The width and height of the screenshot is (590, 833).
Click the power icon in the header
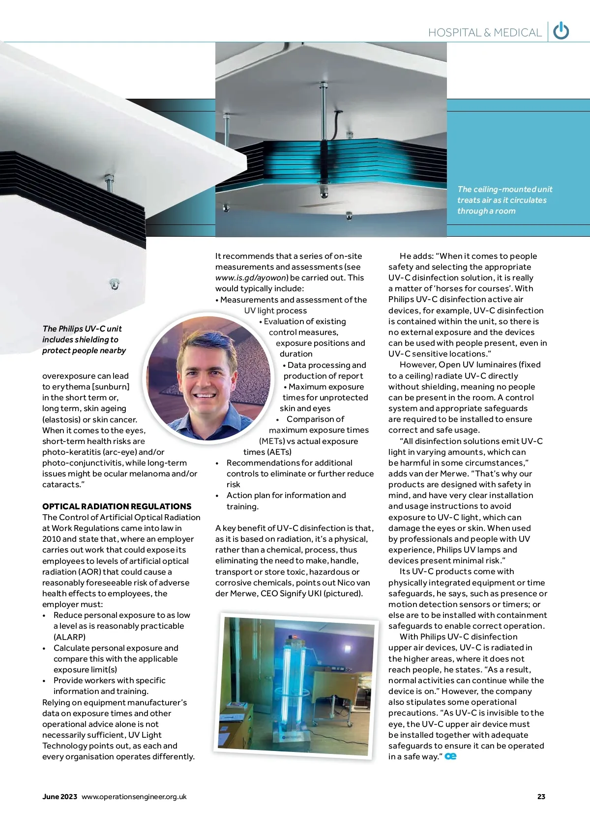click(561, 31)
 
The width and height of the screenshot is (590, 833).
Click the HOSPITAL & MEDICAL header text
click(485, 33)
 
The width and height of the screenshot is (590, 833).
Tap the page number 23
click(541, 797)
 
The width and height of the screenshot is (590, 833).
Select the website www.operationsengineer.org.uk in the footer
click(134, 797)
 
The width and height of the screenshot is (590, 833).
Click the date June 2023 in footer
click(59, 797)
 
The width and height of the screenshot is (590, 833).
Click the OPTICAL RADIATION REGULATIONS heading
click(117, 506)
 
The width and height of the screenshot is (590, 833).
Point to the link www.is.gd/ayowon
click(251, 278)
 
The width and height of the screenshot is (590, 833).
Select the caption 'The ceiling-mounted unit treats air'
click(504, 200)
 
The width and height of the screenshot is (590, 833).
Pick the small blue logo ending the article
click(450, 756)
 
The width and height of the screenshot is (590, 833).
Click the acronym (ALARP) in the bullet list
click(69, 637)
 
